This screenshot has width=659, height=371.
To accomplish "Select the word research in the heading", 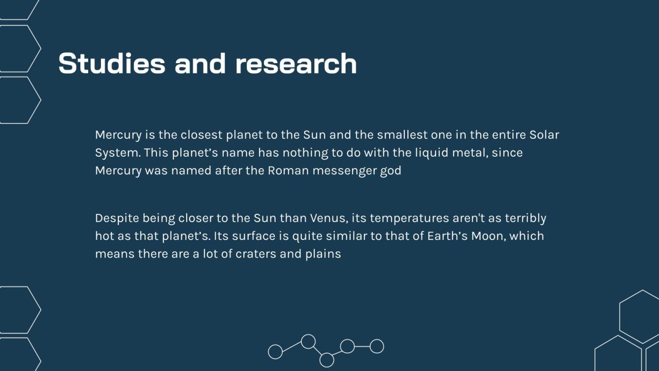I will click(296, 64).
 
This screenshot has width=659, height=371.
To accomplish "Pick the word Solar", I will click(544, 135).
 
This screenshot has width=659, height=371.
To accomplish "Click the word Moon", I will click(488, 236).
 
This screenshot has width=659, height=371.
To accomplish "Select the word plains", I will click(324, 254).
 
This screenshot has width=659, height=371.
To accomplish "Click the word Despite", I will click(117, 218).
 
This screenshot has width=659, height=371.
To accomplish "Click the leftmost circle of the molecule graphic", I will click(275, 352).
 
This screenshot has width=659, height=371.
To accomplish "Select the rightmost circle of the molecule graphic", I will click(377, 346).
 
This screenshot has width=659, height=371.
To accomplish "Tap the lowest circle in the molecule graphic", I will click(327, 360).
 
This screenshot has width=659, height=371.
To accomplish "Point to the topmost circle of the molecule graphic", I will click(308, 341).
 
